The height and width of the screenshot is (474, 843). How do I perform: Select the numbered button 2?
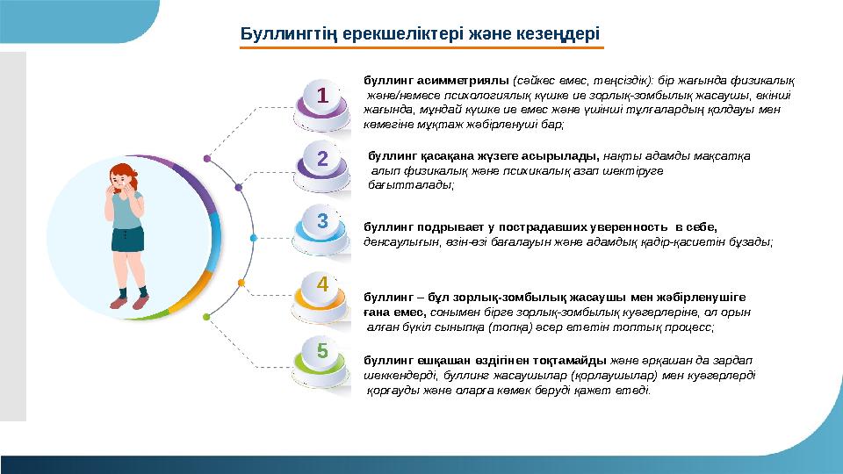pos(322,159)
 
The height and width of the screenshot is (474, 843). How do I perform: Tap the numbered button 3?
pos(322,221)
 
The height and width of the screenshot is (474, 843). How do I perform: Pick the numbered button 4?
pos(322,284)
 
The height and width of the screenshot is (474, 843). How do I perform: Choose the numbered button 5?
pos(322,349)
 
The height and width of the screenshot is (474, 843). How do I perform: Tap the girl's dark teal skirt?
pos(127,239)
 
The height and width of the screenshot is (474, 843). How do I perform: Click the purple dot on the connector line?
pos(206,159)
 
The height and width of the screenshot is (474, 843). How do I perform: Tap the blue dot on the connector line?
pos(254,238)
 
